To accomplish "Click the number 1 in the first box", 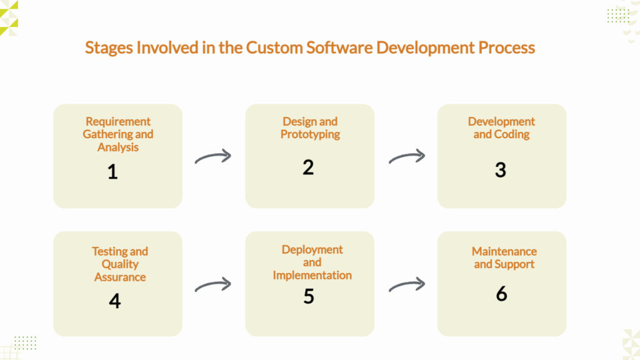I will click(112, 171).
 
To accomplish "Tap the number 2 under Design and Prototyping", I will click(308, 167).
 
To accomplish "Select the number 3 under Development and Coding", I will click(500, 170).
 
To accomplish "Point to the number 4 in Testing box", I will click(114, 301).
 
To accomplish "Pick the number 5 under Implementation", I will click(309, 296).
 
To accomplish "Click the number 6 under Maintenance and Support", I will click(501, 293).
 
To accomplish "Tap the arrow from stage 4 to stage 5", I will click(213, 285).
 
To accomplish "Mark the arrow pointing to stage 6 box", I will click(407, 285).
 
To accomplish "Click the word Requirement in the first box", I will click(118, 121).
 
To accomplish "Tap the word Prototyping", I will click(310, 134).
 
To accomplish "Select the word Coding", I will click(512, 134).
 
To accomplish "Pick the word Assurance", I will click(120, 277).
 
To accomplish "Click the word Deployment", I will click(312, 249).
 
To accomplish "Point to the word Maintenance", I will click(504, 251).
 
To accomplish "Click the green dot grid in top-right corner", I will click(618, 15).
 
